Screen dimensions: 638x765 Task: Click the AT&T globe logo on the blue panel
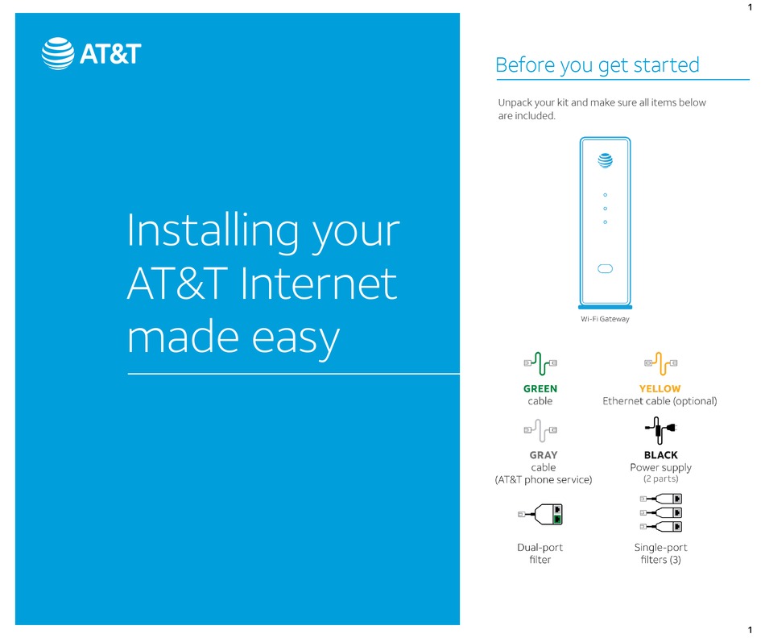tap(57, 53)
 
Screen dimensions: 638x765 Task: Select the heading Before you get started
tap(597, 64)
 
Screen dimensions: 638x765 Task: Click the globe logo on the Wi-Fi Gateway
tap(605, 160)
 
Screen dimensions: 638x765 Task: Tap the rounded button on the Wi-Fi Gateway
tap(605, 268)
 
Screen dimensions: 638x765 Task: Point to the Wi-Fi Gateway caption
tap(605, 319)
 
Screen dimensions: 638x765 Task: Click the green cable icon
tap(540, 364)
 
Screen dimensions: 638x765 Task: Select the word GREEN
tap(540, 388)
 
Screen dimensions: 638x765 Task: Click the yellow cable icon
tap(660, 364)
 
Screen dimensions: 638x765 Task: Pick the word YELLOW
tap(660, 388)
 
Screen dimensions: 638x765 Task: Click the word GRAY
tap(544, 455)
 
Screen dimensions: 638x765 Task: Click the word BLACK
tap(660, 455)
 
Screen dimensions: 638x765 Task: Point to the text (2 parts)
tap(660, 478)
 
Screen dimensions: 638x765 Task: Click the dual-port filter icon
tap(541, 514)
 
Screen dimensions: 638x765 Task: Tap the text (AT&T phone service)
tap(543, 479)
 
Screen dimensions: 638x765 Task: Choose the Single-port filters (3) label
tap(660, 553)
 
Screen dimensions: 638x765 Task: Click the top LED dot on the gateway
tap(605, 195)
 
